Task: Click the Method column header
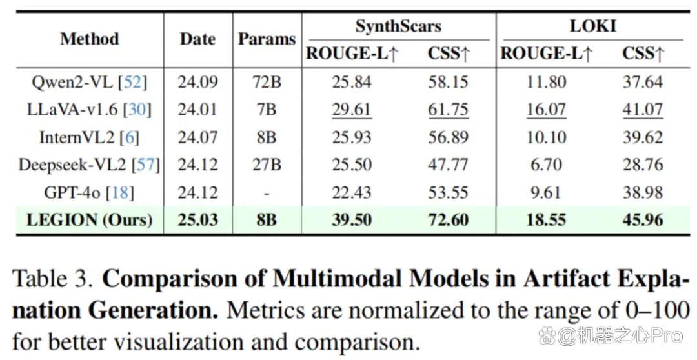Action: pos(90,39)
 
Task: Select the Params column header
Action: pos(267,39)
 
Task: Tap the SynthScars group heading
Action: pos(398,26)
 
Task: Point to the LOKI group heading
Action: pos(593,26)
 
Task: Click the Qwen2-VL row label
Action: pos(89,82)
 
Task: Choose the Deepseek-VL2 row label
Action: pos(89,165)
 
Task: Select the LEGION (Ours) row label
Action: pos(89,220)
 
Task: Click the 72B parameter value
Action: pos(267,82)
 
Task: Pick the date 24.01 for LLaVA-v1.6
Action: pos(198,110)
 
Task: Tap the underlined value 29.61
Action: pos(352,110)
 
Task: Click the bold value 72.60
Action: pos(448,220)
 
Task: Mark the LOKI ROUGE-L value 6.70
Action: pos(547,165)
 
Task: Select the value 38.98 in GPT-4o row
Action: pos(643,192)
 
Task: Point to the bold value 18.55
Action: pos(547,220)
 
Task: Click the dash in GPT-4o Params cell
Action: pos(267,194)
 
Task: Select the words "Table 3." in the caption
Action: pos(53,279)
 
